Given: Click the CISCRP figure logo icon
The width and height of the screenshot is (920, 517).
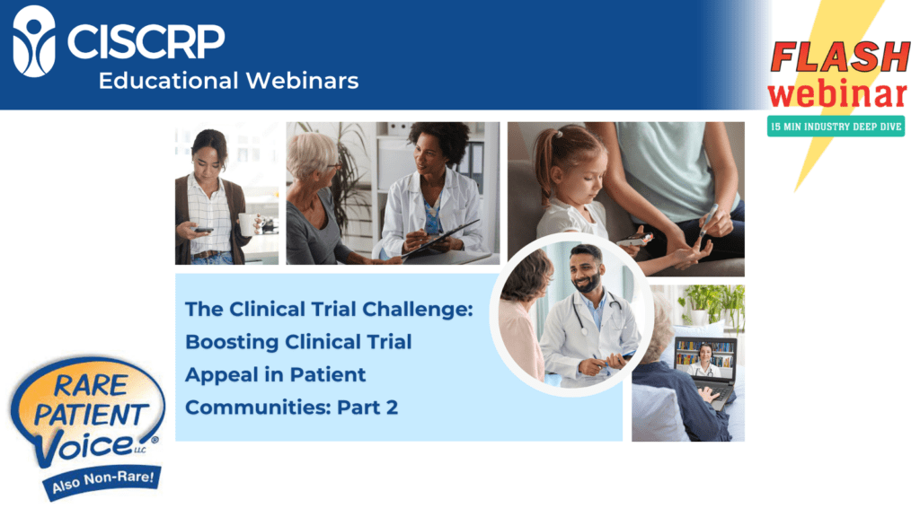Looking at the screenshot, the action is [34, 41].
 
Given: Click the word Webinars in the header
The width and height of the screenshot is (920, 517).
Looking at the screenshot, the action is [302, 81].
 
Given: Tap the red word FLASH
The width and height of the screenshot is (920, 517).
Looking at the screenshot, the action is [840, 57].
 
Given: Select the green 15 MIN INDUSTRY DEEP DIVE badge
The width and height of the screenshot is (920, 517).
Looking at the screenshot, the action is [836, 127].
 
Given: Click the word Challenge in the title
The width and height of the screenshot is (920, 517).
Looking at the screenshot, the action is [417, 310].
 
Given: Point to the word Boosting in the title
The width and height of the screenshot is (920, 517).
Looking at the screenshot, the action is [232, 343].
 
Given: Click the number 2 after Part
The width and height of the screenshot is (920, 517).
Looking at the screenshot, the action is [392, 407].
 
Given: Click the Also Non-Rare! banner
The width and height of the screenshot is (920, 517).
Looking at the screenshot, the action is [102, 482].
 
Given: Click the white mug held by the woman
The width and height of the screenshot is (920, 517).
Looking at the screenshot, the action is [247, 224].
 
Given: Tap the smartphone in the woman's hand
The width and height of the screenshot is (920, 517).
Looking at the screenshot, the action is [203, 230].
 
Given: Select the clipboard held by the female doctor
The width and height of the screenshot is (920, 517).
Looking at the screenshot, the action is [440, 241].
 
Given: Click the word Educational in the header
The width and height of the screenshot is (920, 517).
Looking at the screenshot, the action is [168, 81].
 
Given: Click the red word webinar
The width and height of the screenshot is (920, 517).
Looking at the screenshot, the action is [838, 93].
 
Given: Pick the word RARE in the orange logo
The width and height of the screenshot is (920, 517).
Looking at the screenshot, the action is [91, 386].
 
